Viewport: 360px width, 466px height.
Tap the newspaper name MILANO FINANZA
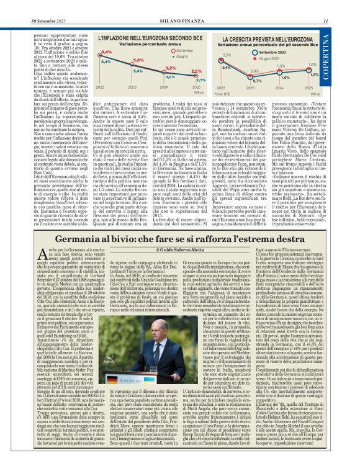(181, 6)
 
